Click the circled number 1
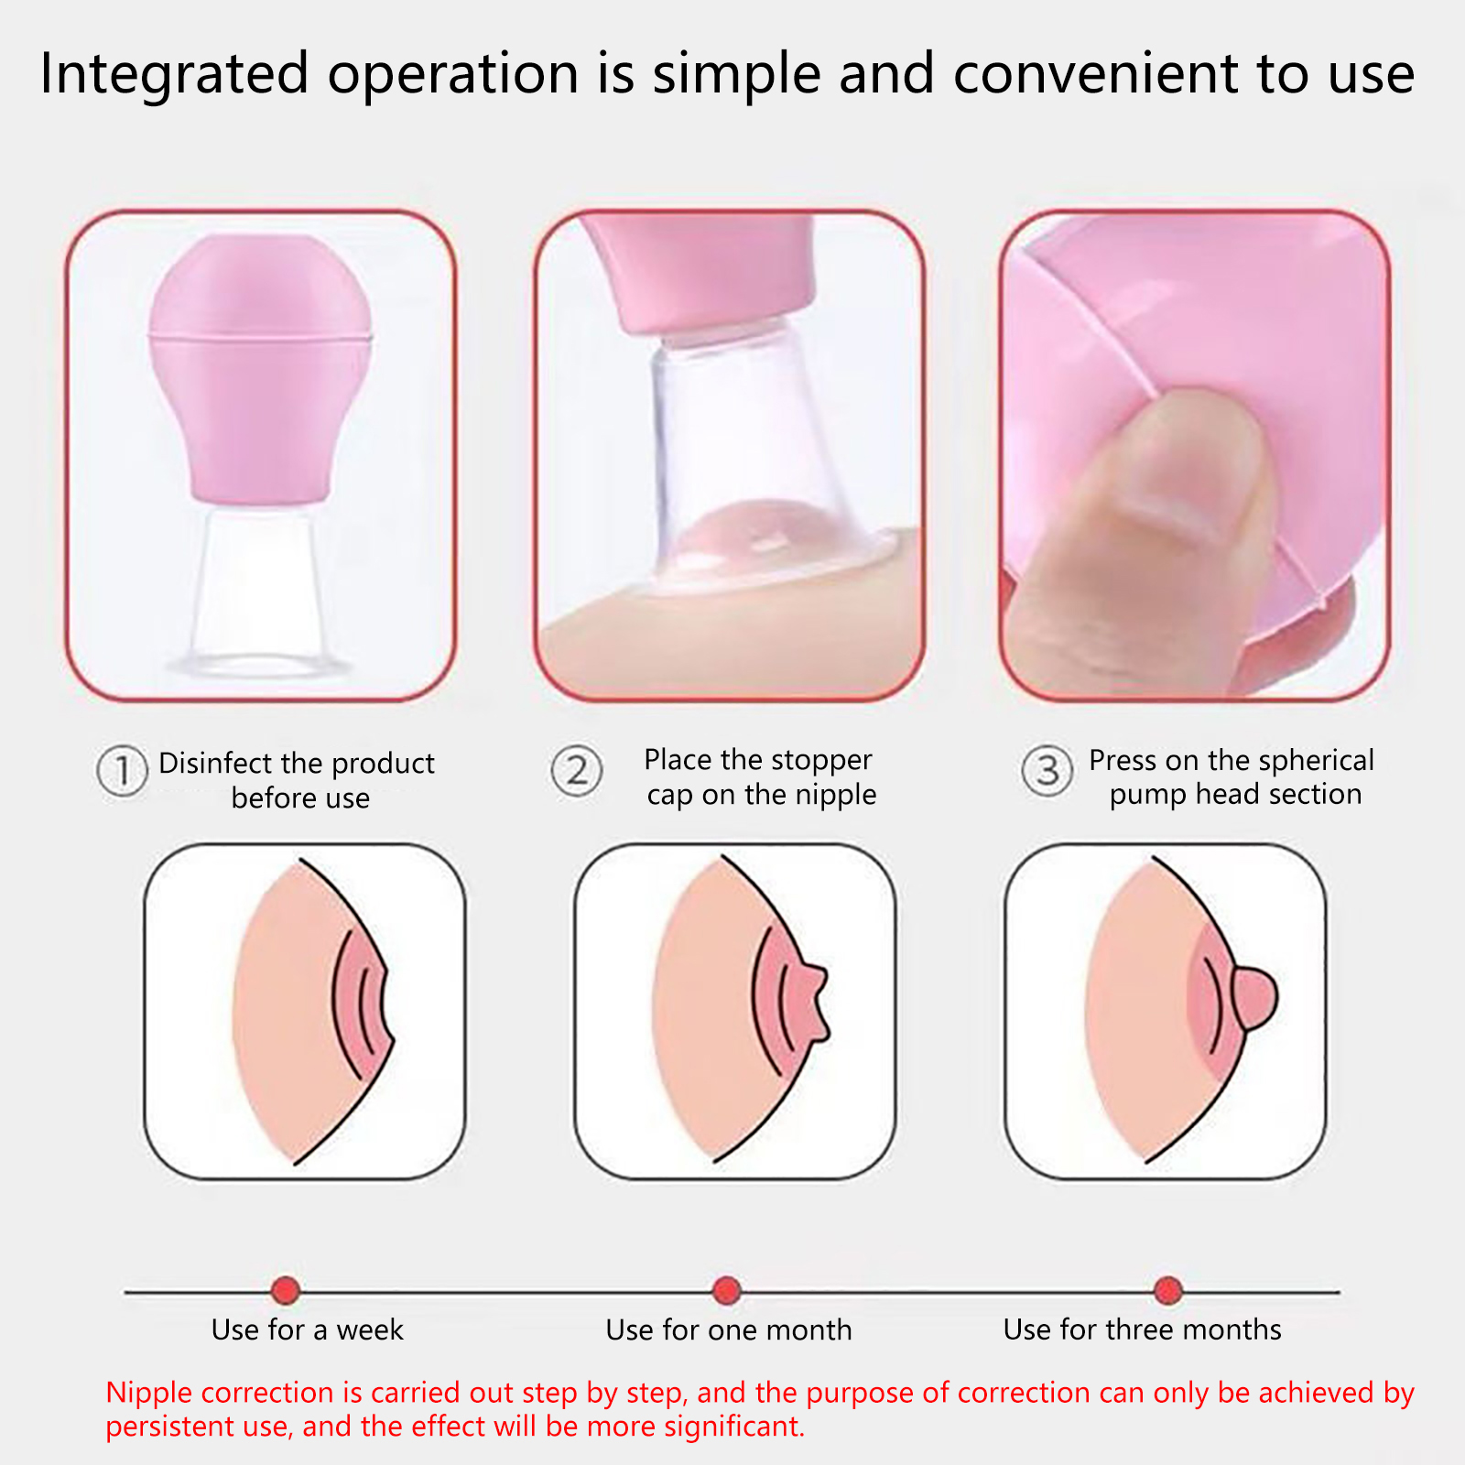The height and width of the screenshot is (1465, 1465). tap(122, 771)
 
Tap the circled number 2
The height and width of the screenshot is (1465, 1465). tap(577, 771)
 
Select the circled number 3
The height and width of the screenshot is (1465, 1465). tap(1047, 771)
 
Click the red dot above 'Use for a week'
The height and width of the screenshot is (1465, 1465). tap(286, 1290)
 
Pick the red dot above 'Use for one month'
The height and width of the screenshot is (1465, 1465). tap(727, 1290)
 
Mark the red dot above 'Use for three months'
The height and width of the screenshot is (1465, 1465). tap(1168, 1290)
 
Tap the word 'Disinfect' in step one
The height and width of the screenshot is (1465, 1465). tap(216, 763)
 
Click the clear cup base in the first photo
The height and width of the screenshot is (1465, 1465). tap(259, 591)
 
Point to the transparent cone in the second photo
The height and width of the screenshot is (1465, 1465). tap(751, 458)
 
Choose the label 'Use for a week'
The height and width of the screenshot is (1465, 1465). tap(307, 1329)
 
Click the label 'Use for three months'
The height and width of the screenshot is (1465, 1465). tap(1142, 1329)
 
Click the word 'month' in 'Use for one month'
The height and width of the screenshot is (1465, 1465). tap(808, 1329)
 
